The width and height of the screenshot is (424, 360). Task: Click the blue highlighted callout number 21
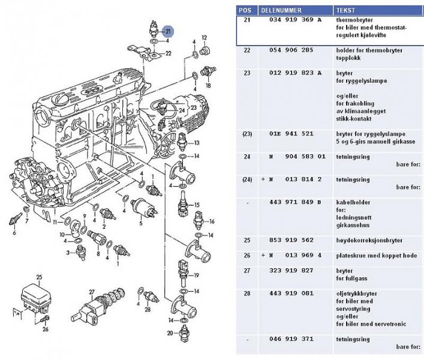pos(168,31)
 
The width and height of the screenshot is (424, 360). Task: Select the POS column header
pos(245,10)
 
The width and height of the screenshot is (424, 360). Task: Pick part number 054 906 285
pos(291,51)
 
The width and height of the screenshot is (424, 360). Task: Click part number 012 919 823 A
pos(294,73)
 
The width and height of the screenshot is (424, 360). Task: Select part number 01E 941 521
pos(291,134)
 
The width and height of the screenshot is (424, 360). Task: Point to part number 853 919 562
pos(291,240)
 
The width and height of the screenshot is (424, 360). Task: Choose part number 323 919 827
pos(291,271)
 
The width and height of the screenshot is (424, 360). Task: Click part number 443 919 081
pos(291,294)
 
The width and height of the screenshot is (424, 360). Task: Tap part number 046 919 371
pos(291,339)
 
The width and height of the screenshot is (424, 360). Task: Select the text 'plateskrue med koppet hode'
pos(375,256)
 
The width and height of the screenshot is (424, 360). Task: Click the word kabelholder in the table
pos(353,202)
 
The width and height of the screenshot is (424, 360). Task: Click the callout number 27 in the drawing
pos(92,292)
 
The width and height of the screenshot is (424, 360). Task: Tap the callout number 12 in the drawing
pos(205,38)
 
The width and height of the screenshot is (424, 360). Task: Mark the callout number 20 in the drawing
pos(170,333)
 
